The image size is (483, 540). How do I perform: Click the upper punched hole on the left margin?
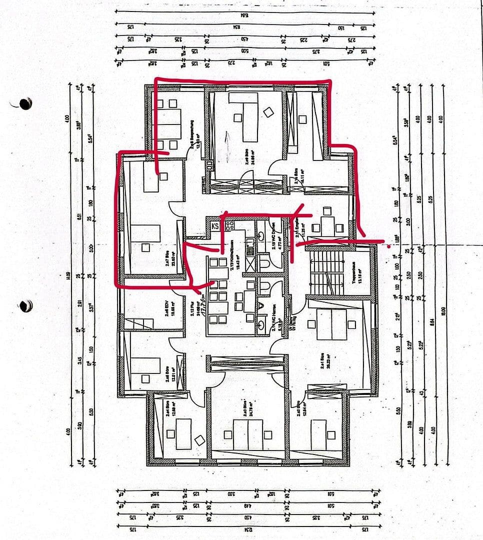coord(24,103)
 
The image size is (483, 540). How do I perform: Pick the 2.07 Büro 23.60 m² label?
coord(165,260)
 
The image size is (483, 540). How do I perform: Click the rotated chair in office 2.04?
coord(199,440)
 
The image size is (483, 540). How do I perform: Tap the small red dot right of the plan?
coord(389,246)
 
